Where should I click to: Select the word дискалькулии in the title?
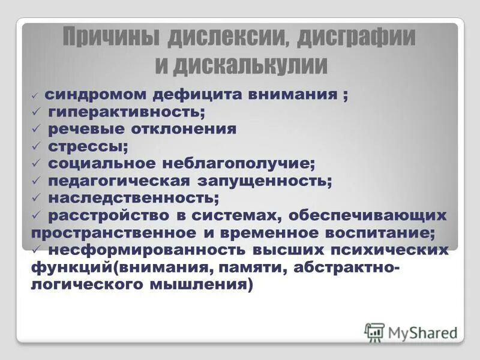250,65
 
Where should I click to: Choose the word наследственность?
133,197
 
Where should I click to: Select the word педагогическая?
119,180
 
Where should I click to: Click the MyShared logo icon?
374,332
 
